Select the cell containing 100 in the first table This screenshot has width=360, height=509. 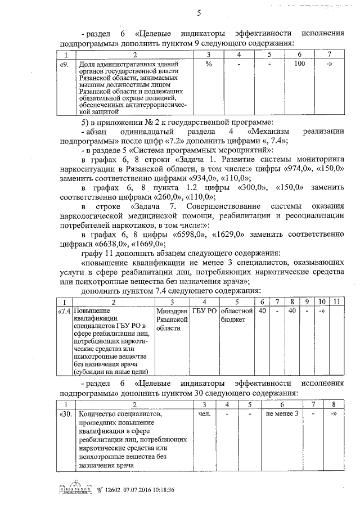coord(300,64)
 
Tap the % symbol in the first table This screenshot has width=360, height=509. coord(208,64)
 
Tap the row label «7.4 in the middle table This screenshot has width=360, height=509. coord(65,310)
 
